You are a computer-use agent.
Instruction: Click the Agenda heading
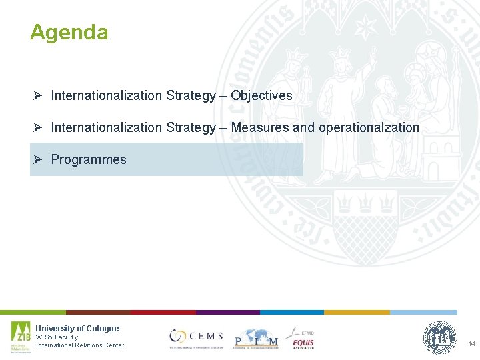pyautogui.click(x=69, y=32)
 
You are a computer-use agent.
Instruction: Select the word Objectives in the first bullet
pyautogui.click(x=261, y=95)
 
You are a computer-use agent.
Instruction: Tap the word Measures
pyautogui.click(x=257, y=127)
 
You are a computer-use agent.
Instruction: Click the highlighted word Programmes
pyautogui.click(x=89, y=159)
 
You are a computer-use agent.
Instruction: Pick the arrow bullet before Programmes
pyautogui.click(x=38, y=159)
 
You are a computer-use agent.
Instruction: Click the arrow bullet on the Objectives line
pyautogui.click(x=38, y=95)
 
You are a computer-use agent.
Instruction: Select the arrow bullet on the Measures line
pyautogui.click(x=38, y=127)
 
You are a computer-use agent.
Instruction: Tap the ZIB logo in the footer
pyautogui.click(x=21, y=337)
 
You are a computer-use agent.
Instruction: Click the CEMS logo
pyautogui.click(x=196, y=337)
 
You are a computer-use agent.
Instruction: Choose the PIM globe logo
pyautogui.click(x=255, y=339)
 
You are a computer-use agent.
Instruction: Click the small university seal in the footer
pyautogui.click(x=440, y=337)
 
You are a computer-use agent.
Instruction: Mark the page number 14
pyautogui.click(x=471, y=344)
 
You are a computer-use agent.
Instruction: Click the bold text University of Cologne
pyautogui.click(x=77, y=328)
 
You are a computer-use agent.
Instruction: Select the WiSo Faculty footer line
pyautogui.click(x=57, y=337)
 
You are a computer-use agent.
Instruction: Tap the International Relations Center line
pyautogui.click(x=80, y=345)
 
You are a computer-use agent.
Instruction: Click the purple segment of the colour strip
pyautogui.click(x=227, y=312)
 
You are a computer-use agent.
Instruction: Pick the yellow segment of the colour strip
pyautogui.click(x=357, y=312)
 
